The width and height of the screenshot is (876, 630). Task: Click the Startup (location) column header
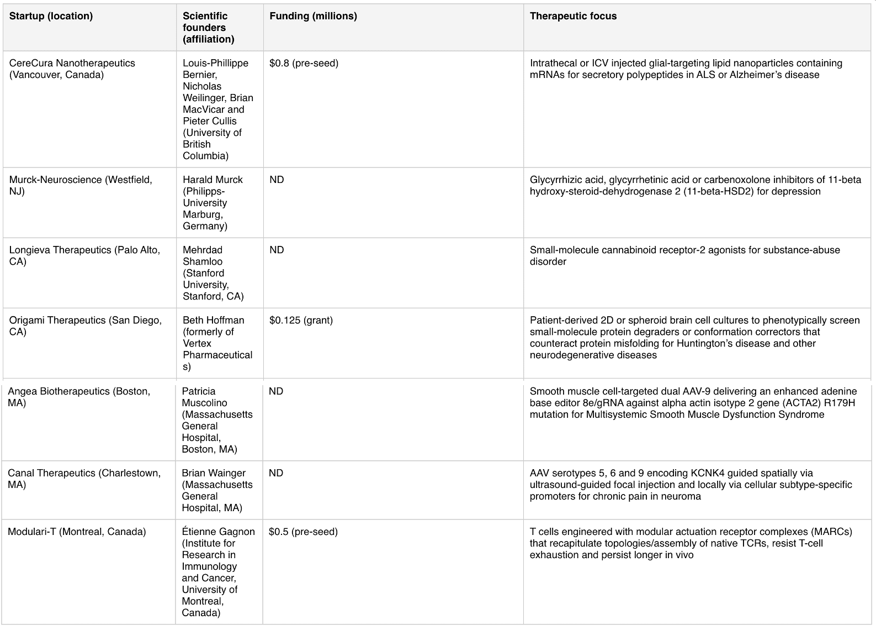click(51, 16)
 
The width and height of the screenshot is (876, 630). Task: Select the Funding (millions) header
click(313, 16)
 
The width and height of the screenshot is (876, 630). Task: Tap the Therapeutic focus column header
click(573, 16)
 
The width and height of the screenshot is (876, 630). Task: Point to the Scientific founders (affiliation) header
click(208, 28)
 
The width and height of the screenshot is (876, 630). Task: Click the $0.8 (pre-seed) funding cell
click(304, 63)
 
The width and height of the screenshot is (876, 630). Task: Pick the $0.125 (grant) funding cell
click(301, 320)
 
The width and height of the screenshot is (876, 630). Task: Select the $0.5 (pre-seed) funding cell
click(303, 532)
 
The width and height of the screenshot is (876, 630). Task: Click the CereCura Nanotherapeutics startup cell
click(72, 69)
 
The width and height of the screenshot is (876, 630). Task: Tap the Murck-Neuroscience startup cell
click(81, 185)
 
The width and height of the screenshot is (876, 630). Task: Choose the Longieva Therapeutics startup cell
click(84, 255)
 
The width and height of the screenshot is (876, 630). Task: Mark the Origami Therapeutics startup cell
click(86, 326)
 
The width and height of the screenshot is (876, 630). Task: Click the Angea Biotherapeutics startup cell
click(79, 397)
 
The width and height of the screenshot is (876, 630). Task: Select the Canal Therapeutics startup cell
click(84, 479)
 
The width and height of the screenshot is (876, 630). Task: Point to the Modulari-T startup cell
click(77, 532)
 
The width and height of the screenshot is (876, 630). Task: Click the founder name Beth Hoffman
click(213, 320)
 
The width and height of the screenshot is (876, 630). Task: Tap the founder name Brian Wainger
click(214, 473)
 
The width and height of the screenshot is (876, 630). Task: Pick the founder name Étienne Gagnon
click(218, 532)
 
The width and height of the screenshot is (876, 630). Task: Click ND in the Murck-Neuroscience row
click(277, 180)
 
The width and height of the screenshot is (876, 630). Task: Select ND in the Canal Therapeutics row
click(276, 473)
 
